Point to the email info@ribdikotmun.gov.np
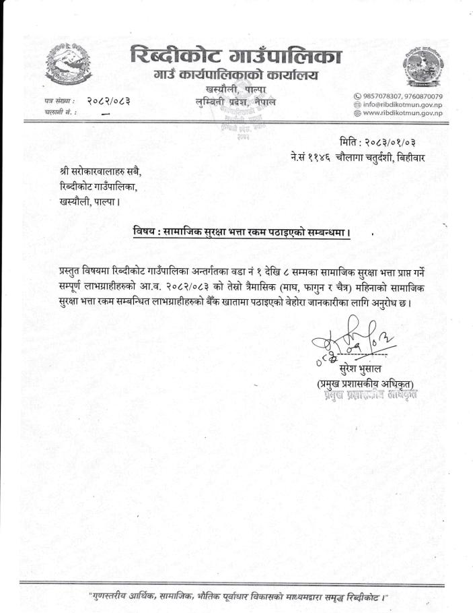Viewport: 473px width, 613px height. click(402, 105)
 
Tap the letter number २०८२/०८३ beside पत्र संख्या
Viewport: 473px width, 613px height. click(108, 100)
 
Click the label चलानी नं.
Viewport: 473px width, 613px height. click(59, 112)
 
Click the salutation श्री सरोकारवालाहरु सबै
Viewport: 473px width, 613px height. click(101, 172)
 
